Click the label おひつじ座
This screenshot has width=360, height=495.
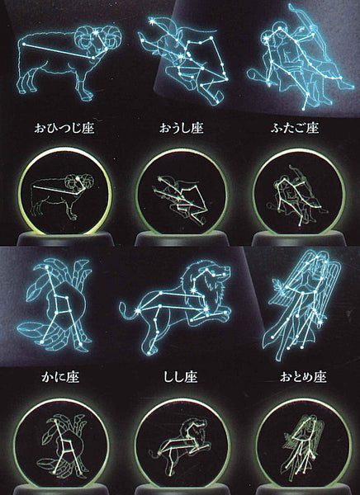coord(64,128)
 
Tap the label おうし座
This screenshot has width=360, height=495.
coord(181,128)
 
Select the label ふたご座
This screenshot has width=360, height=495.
coord(295,128)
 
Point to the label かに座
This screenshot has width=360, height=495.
coord(60,377)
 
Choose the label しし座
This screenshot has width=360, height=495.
coord(181,377)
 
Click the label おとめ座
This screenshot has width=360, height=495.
coord(302,377)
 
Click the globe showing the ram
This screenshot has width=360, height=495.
coord(64,192)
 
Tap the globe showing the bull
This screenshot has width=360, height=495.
coord(182,192)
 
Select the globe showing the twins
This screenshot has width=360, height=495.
coord(299,192)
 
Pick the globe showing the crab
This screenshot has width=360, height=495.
coord(62,442)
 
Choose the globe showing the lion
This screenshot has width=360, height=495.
coord(182,442)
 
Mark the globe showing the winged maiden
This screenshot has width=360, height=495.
coord(303,442)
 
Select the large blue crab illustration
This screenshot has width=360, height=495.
coord(54,305)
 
